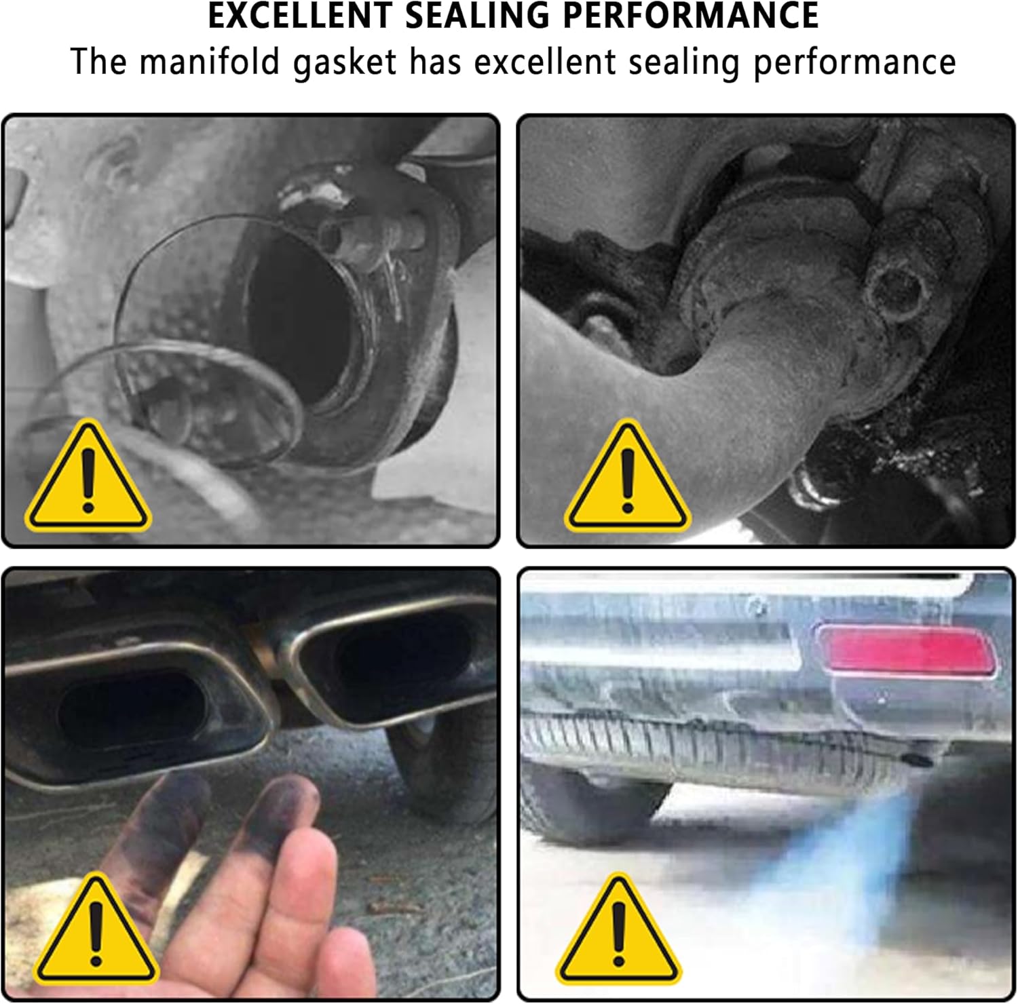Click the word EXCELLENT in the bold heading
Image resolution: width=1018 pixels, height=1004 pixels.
[299, 16]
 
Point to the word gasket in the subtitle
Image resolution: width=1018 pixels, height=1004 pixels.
[345, 63]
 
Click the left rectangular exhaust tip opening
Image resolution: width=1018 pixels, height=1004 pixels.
[132, 709]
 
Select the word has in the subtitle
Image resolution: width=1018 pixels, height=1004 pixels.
[435, 62]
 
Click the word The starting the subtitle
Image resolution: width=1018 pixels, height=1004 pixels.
[98, 62]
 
